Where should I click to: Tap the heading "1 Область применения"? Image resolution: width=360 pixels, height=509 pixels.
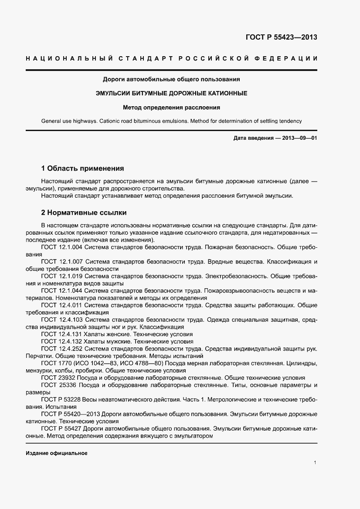pyautogui.click(x=82, y=168)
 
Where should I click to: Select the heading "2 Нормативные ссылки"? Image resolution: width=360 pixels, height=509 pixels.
pyautogui.click(x=84, y=213)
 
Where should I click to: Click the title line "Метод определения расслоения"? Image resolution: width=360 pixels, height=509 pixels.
pyautogui.click(x=171, y=107)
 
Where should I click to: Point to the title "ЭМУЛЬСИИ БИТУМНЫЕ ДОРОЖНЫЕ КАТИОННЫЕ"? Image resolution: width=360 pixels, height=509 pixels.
pyautogui.click(x=171, y=93)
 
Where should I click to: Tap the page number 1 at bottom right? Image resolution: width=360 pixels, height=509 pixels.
pyautogui.click(x=315, y=462)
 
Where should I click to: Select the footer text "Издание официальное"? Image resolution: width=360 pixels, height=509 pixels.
pyautogui.click(x=57, y=453)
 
